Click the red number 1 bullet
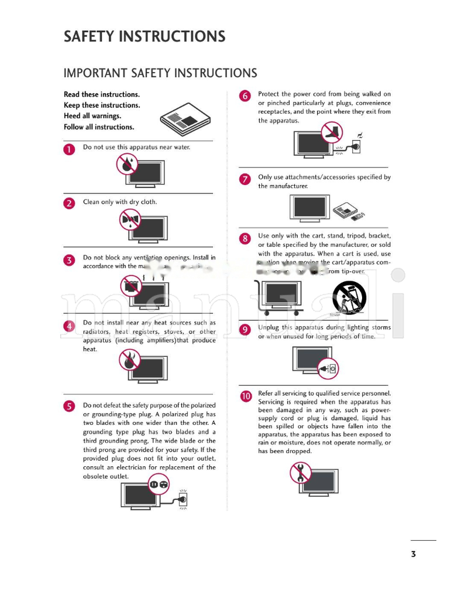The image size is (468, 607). (x=70, y=149)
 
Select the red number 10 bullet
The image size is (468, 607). (x=246, y=397)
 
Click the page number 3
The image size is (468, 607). (x=413, y=554)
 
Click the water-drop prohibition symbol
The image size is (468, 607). (x=126, y=164)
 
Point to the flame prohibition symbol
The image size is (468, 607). (x=129, y=359)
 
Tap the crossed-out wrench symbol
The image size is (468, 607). (x=301, y=472)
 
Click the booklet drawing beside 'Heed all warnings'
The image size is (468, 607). (x=184, y=120)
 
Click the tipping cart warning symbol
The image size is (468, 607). (x=349, y=297)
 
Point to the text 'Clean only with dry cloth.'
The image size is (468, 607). (x=120, y=202)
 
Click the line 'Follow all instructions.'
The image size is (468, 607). (x=99, y=127)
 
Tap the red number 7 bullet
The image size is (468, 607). (x=245, y=179)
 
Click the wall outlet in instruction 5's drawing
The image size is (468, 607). (x=183, y=499)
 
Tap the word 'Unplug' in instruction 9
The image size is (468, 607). (x=269, y=328)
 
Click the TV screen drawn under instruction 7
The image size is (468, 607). (x=309, y=207)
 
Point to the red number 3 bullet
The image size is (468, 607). (x=70, y=261)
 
